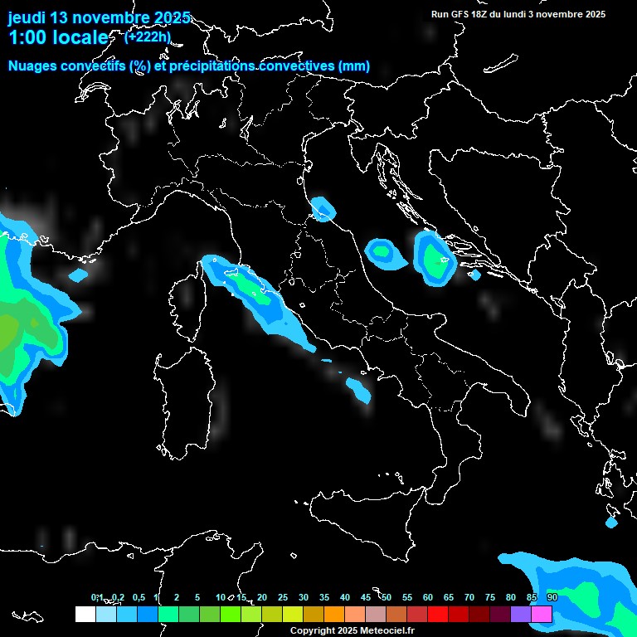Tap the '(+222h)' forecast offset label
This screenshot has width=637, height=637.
pos(148,36)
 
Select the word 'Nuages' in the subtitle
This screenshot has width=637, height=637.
pos(33,66)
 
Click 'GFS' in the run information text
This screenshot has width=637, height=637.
pos(461,14)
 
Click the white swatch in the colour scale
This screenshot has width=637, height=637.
pos(85,615)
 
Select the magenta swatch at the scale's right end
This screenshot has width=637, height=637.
pos(542,615)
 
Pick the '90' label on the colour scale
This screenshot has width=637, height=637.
pos(552,597)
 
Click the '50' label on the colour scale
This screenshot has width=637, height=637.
pos(387,597)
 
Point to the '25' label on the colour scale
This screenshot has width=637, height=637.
pos(283,597)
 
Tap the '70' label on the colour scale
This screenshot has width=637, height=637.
pos(469,597)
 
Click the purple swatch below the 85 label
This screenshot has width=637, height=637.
pos(521,615)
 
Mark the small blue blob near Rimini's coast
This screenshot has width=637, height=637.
pos(322,208)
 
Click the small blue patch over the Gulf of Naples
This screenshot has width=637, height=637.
pos(359,388)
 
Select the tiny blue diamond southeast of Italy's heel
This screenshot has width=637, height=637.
pos(611,523)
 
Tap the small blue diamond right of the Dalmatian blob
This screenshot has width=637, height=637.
pos(475,275)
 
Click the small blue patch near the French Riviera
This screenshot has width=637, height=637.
pos(78,275)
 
